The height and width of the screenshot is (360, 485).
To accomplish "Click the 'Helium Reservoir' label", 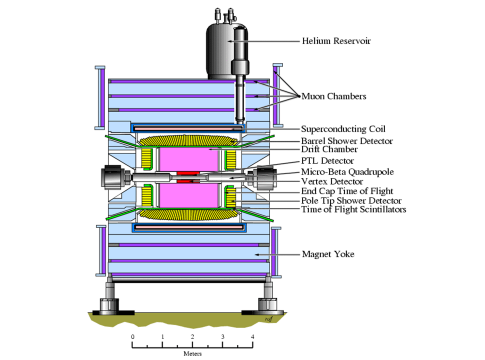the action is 336,41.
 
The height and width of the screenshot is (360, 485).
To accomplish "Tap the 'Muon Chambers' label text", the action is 334,96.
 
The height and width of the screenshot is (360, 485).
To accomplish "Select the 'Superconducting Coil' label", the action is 343,129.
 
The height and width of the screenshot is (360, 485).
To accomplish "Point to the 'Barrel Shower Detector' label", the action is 347,141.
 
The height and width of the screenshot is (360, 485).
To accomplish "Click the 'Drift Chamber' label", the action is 329,149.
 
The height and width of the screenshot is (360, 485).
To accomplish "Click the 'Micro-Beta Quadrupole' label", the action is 347,172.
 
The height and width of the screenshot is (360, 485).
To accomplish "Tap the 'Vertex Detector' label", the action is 332,182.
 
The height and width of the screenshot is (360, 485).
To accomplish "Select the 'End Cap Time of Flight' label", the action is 347,191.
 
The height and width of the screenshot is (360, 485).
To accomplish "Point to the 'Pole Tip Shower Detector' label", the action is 351,201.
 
